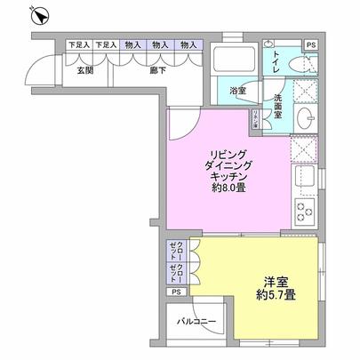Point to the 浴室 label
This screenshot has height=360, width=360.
pyautogui.click(x=237, y=90)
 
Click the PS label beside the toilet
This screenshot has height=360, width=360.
pyautogui.click(x=310, y=44)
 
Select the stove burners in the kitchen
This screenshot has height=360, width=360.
pyautogui.click(x=305, y=212)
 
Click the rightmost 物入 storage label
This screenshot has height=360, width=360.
pyautogui.click(x=188, y=44)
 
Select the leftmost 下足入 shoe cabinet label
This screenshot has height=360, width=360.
pyautogui.click(x=79, y=44)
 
